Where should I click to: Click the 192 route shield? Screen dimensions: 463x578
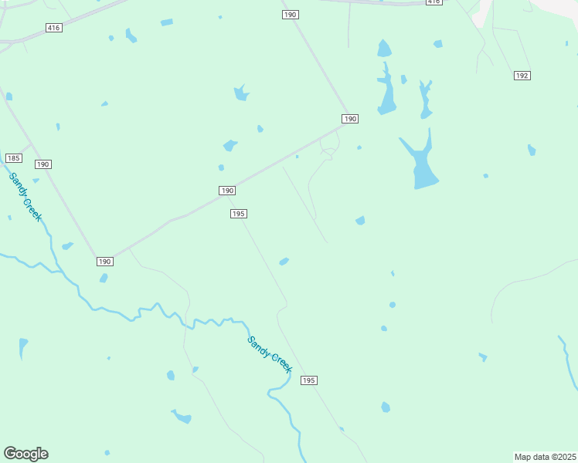pos(522,75)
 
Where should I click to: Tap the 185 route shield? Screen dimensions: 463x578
pos(13,158)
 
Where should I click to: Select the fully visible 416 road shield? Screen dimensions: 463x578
pos(53,28)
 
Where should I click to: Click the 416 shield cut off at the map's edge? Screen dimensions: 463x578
pos(433,2)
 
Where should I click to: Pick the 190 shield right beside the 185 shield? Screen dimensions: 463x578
pos(42,164)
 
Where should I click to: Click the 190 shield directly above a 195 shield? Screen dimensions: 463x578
pos(226,191)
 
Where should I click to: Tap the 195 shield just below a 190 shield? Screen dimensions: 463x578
pos(238,214)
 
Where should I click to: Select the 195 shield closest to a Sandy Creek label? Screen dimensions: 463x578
pos(309,380)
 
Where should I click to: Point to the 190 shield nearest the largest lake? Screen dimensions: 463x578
pos(350,119)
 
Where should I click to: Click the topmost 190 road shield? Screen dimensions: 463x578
pos(290,15)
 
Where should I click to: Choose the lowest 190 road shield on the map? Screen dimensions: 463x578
pos(105,262)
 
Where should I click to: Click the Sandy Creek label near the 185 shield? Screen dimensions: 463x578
pos(25,197)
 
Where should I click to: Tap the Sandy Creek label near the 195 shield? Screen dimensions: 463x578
pos(270,355)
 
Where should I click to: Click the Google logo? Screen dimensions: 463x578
pos(25,454)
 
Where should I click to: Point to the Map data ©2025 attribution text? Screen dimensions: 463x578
pos(545,457)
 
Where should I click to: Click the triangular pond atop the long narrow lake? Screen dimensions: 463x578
pos(384,49)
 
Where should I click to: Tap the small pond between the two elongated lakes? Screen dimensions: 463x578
pos(403,79)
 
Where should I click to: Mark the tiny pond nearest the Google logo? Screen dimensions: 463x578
pos(107,452)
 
